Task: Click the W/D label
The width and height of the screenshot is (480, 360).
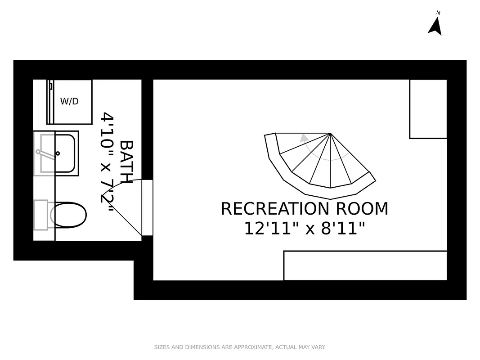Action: tap(69, 102)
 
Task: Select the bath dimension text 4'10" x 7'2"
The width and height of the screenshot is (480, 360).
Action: tap(107, 158)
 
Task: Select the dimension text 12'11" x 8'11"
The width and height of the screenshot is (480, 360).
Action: tap(304, 229)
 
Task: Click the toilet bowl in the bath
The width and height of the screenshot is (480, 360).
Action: tap(68, 215)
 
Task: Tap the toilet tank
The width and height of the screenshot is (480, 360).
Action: tap(40, 215)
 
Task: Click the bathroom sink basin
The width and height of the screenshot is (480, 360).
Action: tap(58, 153)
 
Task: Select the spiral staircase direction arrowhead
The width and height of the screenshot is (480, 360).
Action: tap(305, 138)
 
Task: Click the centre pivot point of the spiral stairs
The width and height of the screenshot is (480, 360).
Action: tap(330, 134)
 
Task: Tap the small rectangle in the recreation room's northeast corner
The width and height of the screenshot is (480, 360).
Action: tap(428, 109)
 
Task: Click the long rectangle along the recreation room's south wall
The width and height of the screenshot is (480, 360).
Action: tap(365, 265)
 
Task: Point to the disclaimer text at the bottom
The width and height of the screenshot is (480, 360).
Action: tap(240, 347)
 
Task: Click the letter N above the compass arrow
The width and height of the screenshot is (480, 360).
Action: tap(438, 13)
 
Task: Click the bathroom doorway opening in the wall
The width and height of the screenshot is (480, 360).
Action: tap(147, 207)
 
